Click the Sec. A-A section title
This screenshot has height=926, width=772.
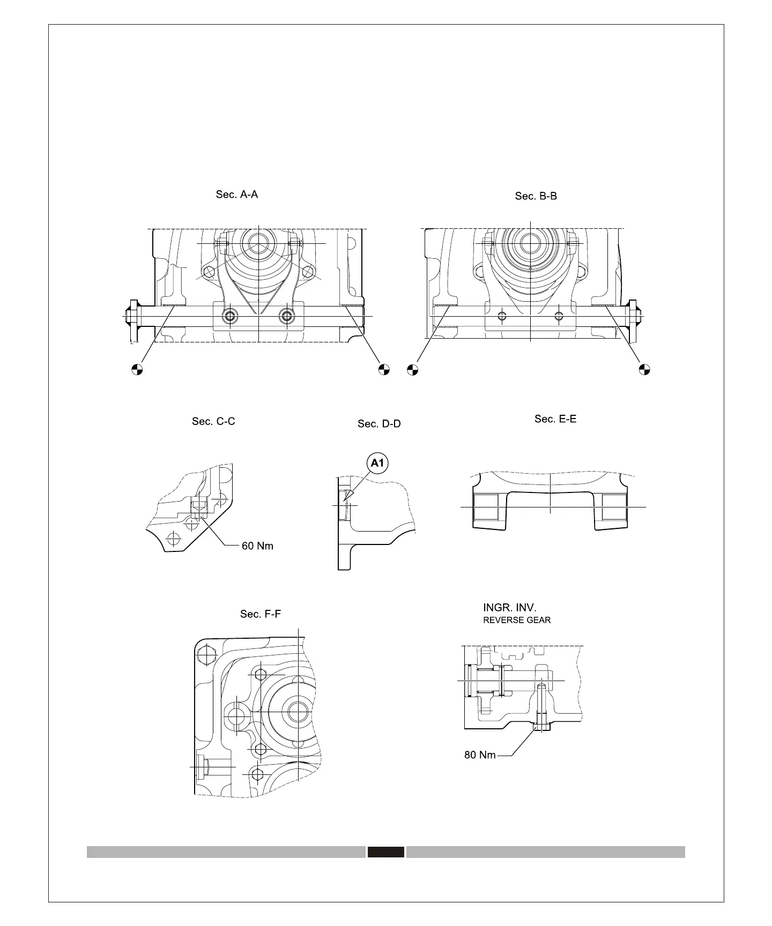click(x=236, y=195)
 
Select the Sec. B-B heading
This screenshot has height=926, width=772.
click(x=536, y=196)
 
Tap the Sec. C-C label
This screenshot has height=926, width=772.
click(x=213, y=421)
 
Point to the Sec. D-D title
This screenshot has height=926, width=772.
click(x=379, y=424)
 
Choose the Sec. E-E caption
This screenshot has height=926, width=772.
click(x=555, y=419)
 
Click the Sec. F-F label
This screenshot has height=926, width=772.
click(x=260, y=614)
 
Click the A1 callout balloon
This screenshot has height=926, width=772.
click(x=378, y=463)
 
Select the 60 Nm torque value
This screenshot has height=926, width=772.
click(x=257, y=546)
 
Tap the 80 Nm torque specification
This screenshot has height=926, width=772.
click(x=480, y=755)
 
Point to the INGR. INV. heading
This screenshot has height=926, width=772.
click(x=509, y=608)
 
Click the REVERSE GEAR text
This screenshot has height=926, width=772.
click(x=517, y=620)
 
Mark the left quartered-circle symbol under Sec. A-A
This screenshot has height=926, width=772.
click(x=137, y=369)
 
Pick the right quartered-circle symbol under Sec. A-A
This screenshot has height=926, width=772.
click(x=383, y=369)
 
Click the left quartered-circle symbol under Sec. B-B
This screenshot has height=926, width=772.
click(x=412, y=369)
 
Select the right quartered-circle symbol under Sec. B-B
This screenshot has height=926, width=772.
click(x=644, y=369)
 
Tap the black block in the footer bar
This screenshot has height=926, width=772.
click(x=385, y=852)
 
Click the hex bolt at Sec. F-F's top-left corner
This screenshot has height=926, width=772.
click(x=206, y=654)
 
